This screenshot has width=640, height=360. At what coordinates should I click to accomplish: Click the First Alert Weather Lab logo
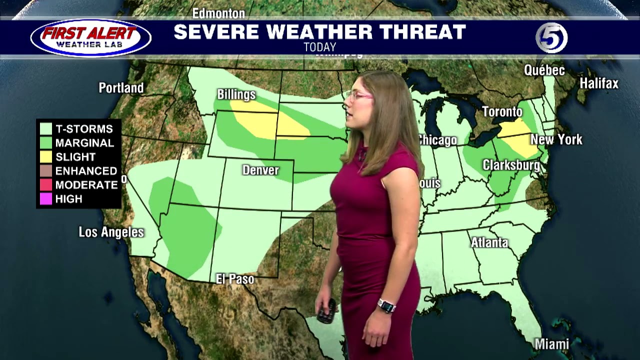(90, 38)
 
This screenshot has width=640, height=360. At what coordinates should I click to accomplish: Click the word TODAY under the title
(319, 47)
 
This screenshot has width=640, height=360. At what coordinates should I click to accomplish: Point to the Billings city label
(236, 94)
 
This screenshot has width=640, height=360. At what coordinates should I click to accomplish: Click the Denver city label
(260, 170)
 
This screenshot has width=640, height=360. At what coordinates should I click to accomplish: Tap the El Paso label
(235, 279)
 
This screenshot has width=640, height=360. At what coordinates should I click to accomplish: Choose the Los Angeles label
(111, 232)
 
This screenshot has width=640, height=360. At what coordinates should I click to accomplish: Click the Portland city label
(121, 88)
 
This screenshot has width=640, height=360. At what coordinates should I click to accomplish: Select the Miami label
(552, 344)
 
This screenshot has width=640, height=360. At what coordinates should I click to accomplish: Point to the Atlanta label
(489, 243)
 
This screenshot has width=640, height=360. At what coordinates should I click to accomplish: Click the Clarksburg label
(511, 165)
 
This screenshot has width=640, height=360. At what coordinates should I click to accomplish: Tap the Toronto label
(502, 112)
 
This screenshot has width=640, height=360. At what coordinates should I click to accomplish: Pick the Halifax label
(599, 83)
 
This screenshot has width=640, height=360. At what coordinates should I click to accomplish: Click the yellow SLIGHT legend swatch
(46, 157)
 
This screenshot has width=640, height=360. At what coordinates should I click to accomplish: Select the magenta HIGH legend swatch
(46, 199)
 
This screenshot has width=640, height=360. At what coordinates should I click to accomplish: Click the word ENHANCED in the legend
(86, 171)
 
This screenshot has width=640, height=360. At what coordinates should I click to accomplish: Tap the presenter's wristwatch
(385, 305)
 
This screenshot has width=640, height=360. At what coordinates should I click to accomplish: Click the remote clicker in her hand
(327, 311)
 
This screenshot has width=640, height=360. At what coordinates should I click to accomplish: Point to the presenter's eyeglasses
(359, 95)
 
